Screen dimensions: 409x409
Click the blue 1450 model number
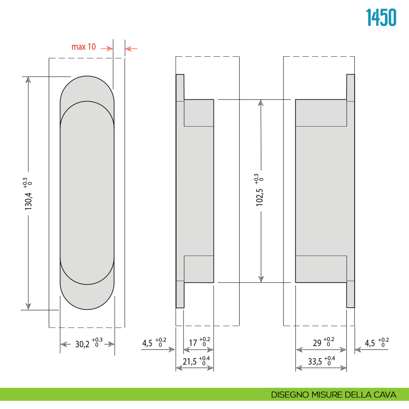[381, 17]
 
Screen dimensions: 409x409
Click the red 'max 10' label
[84, 47]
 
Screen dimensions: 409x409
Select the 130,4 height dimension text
[28, 201]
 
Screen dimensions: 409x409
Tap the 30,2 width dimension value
[82, 345]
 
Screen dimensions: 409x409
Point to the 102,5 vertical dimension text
[260, 197]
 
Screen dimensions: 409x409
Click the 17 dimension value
[193, 343]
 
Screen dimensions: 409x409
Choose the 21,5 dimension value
[190, 362]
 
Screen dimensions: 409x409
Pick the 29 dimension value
[317, 343]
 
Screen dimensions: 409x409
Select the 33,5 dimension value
[315, 362]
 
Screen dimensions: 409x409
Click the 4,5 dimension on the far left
[147, 343]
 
